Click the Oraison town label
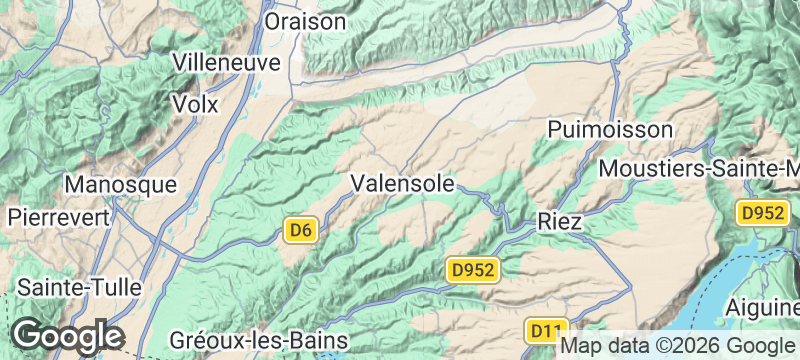[x=306, y=21]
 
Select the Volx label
[x=195, y=103]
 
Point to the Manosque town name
[x=120, y=185]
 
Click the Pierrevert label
[x=59, y=216]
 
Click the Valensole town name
[x=403, y=183]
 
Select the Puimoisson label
[x=611, y=130]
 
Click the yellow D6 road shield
[x=301, y=231]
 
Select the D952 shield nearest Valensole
[x=472, y=269]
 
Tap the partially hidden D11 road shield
[x=546, y=329]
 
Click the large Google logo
[x=68, y=336]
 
